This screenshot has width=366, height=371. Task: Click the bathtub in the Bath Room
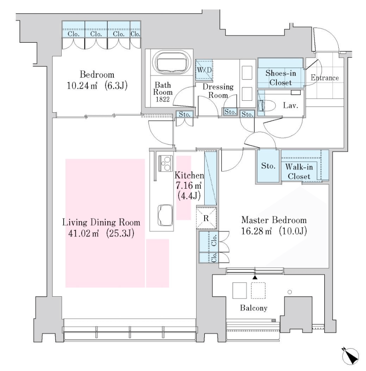point(172,62)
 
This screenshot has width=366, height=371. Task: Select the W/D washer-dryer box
point(204,70)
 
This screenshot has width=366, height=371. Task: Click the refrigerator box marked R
point(206,218)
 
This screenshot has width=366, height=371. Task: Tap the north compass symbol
point(350,356)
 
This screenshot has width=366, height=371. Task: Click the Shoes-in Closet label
point(281,78)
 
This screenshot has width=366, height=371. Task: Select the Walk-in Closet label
point(299,172)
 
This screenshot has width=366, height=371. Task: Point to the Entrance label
point(324,78)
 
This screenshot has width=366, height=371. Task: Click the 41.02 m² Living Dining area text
point(101,234)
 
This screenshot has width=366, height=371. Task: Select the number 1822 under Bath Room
point(163,100)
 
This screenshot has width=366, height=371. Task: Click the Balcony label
point(253,308)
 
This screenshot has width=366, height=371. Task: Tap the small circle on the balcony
point(290,292)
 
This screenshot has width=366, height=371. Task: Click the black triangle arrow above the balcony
point(255,277)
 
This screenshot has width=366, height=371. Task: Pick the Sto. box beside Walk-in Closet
point(268,166)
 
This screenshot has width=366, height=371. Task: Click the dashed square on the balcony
point(258,291)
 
